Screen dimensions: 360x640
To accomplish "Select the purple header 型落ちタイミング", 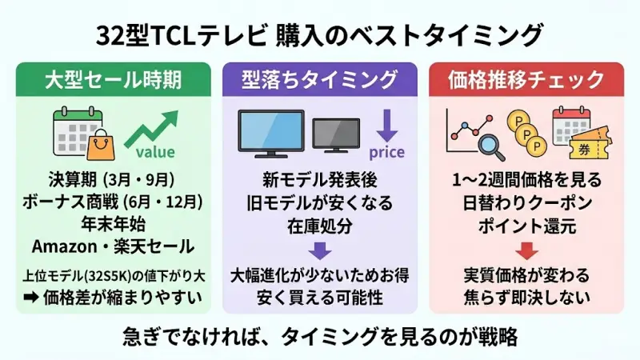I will [319, 80].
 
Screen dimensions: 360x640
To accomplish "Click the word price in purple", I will [386, 153].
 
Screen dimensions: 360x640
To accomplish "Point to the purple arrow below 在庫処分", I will [319, 251].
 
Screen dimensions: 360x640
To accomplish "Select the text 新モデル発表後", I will [319, 178].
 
